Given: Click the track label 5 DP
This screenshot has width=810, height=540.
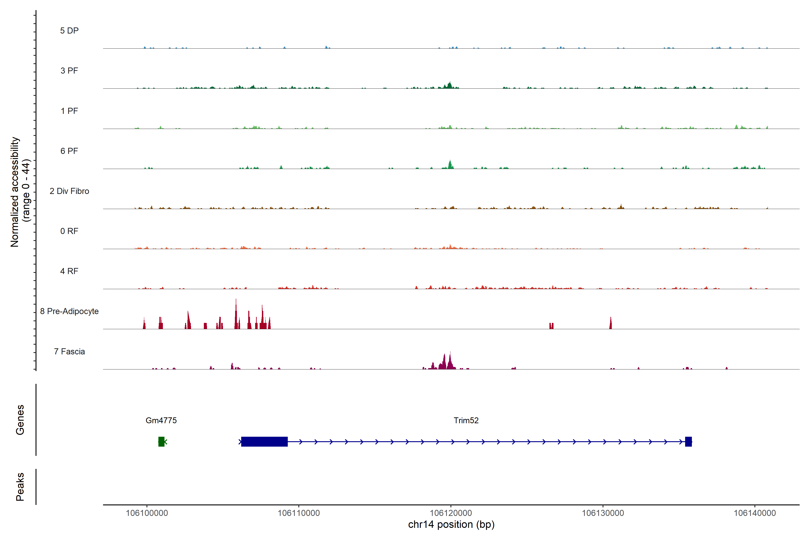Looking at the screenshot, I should [x=69, y=31].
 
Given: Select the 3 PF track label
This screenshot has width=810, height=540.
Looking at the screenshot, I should [x=69, y=71].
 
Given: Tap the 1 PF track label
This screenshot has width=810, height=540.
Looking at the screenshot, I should [x=69, y=111].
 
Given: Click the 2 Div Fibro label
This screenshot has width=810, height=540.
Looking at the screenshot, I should [x=69, y=191].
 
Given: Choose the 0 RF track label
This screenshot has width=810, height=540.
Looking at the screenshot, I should [x=69, y=231].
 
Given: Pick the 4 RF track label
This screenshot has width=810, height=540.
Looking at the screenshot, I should [x=69, y=271].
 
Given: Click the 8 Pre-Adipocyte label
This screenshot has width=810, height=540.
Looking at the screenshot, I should [x=69, y=311].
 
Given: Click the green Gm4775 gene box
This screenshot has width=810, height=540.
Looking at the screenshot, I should [x=161, y=441].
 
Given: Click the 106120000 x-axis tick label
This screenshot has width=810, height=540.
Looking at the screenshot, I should [x=451, y=513].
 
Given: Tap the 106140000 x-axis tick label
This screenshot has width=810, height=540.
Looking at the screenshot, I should [x=755, y=513].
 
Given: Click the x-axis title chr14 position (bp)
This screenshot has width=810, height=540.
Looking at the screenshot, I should [x=451, y=524].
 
